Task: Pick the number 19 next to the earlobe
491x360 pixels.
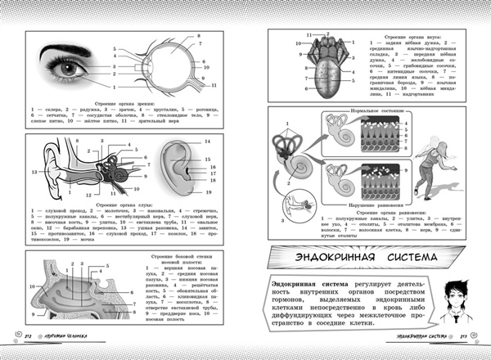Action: pyautogui.click(x=209, y=193)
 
